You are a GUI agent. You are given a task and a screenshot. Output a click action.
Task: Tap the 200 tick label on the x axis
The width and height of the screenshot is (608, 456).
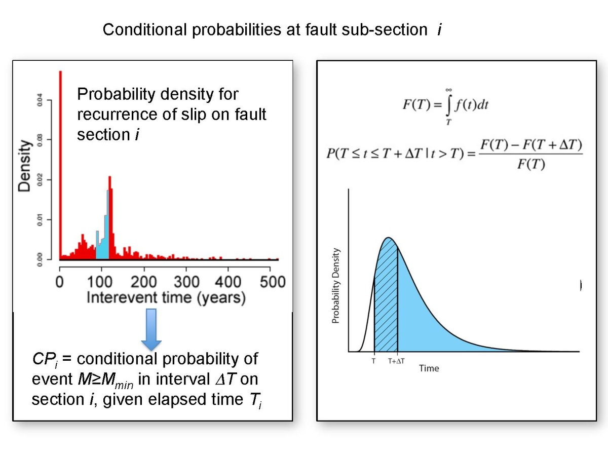coord(144,282)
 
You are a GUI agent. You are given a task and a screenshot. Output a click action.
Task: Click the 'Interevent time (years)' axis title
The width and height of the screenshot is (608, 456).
coord(166,297)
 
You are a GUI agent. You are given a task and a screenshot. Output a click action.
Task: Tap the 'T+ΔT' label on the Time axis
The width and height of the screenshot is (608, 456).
coord(396,361)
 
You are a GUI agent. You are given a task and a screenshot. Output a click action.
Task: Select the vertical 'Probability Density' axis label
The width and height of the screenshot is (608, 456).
coord(335,286)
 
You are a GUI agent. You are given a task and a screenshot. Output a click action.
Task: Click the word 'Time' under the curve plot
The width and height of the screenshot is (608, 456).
coord(429,368)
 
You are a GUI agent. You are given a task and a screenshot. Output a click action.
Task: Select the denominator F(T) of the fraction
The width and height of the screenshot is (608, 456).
coord(530,165)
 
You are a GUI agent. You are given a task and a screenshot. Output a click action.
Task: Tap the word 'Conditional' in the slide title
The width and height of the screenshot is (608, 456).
coord(145,30)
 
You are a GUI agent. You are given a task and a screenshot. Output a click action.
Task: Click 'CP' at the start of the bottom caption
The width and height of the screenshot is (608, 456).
coord(43,359)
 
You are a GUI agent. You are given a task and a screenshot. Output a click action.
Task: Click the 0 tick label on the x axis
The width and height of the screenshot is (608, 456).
coord(60,282)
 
